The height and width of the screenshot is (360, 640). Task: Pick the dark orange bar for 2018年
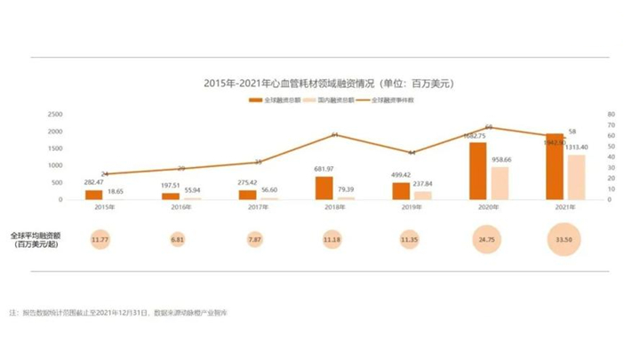pos(324,188)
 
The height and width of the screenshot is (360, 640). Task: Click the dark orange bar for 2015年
pos(94,194)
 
